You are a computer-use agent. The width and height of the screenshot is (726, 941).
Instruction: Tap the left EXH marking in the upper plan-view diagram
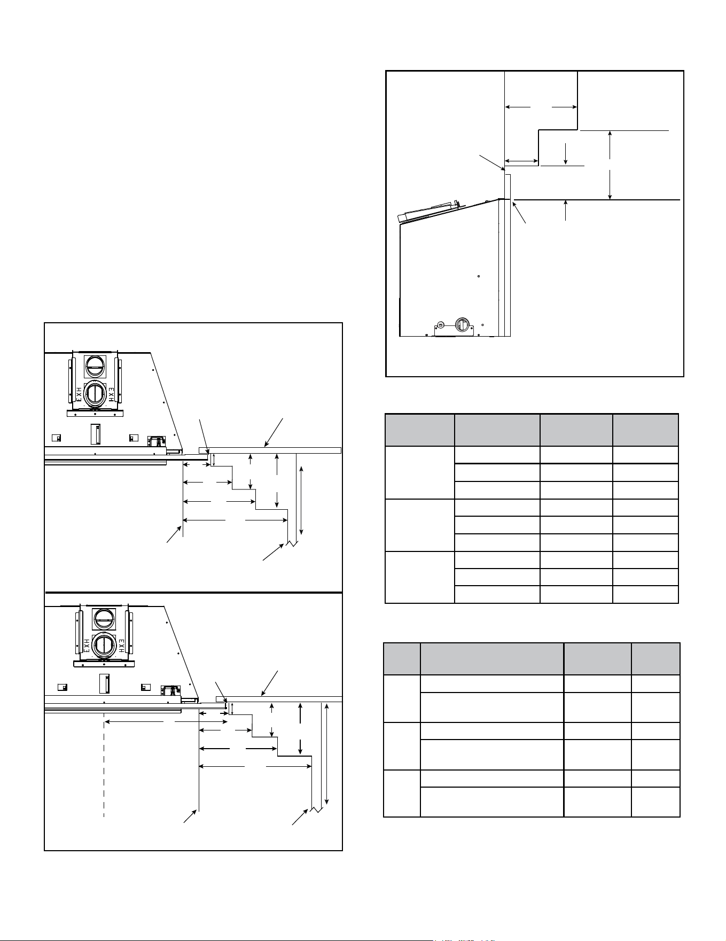78,394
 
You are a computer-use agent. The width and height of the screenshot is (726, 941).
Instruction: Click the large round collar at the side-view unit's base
461,324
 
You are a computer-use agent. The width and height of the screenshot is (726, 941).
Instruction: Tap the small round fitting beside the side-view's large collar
441,325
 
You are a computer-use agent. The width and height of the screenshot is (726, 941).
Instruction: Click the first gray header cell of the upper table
420,430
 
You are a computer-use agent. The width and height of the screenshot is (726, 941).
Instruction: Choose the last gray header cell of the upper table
645,430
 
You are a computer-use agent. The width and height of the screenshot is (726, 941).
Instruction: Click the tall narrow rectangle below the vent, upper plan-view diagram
95,433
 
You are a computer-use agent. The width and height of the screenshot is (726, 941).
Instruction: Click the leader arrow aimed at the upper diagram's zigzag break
272,553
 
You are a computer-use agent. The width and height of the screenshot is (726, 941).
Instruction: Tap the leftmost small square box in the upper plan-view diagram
55,438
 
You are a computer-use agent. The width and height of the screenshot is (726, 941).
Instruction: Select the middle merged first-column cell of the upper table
420,525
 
